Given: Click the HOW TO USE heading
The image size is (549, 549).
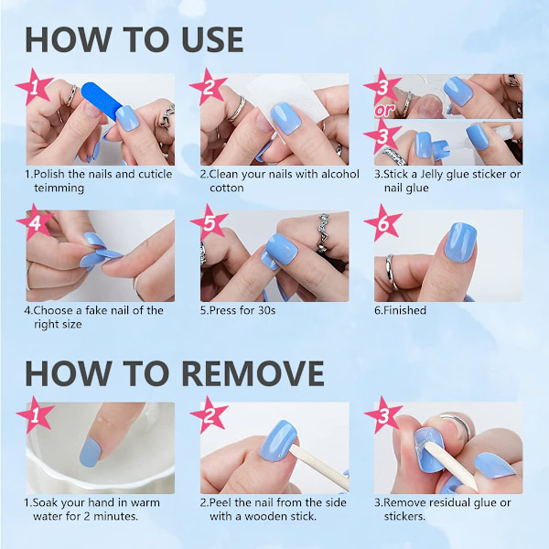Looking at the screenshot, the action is [x=135, y=39].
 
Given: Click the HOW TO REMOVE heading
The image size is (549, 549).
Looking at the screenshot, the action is [x=175, y=373].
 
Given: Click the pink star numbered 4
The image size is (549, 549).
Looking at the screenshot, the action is [x=35, y=222].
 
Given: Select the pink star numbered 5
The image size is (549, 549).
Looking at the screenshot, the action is [x=209, y=222].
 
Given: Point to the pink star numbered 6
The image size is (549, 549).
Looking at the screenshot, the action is [x=382, y=222].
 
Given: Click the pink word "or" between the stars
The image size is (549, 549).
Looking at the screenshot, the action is [x=384, y=111].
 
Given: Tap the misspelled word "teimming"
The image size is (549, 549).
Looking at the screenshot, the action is [x=59, y=188].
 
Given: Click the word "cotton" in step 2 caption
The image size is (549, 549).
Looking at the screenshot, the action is [x=227, y=188].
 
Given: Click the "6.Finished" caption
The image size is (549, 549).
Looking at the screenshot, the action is [x=400, y=310].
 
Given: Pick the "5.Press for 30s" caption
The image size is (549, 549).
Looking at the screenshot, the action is [x=238, y=310].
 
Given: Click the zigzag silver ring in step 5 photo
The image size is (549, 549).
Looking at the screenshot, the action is [x=322, y=232].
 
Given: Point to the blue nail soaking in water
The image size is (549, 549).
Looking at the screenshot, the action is [x=90, y=452].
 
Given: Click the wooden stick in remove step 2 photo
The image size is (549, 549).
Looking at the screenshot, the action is [x=319, y=467].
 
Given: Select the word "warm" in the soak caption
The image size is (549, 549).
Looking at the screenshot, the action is [x=145, y=502].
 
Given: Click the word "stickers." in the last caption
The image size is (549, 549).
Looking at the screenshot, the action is [x=404, y=516].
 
